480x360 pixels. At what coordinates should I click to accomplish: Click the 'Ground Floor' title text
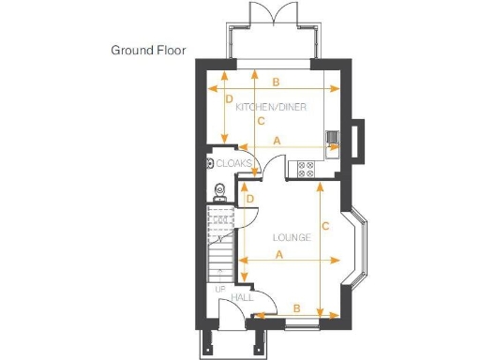(148, 50)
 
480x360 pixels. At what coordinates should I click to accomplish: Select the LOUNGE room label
(292, 237)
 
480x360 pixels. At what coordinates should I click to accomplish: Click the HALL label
(242, 297)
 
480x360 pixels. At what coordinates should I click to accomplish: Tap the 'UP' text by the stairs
(220, 289)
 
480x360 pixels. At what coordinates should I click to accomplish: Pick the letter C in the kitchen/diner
(260, 121)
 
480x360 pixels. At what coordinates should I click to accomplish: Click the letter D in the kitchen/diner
(229, 98)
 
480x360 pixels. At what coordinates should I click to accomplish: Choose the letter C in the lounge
(324, 226)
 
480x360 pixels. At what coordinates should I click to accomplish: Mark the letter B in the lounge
(296, 307)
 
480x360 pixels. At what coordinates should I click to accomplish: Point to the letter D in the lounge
(249, 198)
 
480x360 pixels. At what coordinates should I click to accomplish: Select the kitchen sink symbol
(333, 141)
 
